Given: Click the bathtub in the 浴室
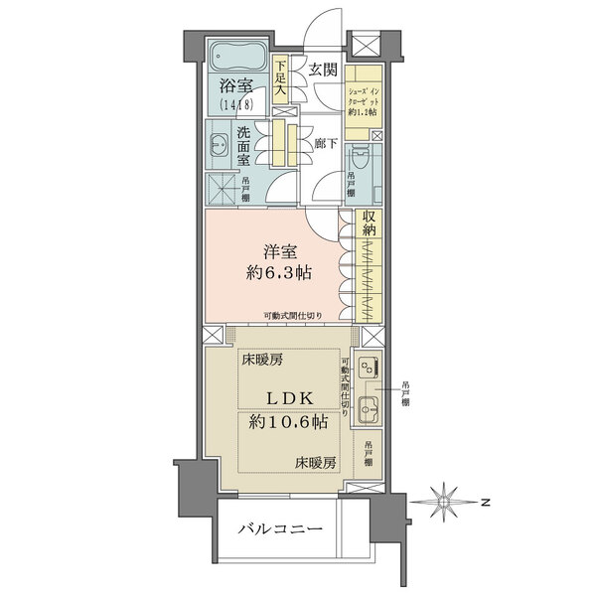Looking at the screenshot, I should coord(236,55).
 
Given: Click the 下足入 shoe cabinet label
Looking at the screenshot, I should coord(281,78).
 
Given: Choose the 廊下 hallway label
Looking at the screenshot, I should coord(325,142).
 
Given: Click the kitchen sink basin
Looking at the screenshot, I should coord(367,407).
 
